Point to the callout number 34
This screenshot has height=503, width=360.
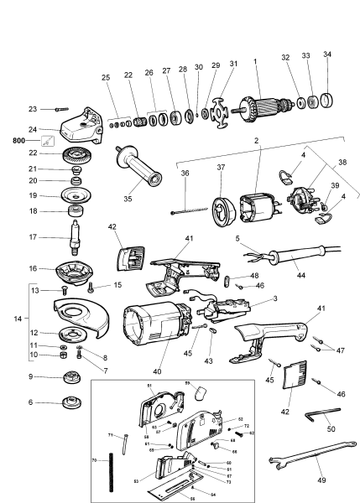327,54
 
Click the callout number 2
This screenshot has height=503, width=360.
256,139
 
